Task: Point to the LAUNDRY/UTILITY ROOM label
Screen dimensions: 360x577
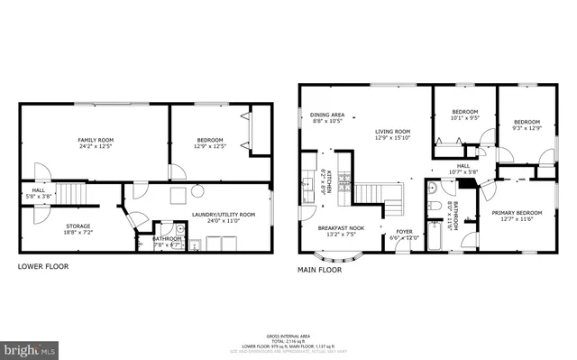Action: tap(224, 214)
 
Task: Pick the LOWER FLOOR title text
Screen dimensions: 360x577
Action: tap(42, 266)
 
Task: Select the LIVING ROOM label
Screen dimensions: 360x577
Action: tap(392, 132)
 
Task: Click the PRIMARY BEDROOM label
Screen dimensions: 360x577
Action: tap(515, 213)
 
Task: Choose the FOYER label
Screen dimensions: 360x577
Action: tap(405, 231)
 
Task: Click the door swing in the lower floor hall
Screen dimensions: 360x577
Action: tap(40, 171)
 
